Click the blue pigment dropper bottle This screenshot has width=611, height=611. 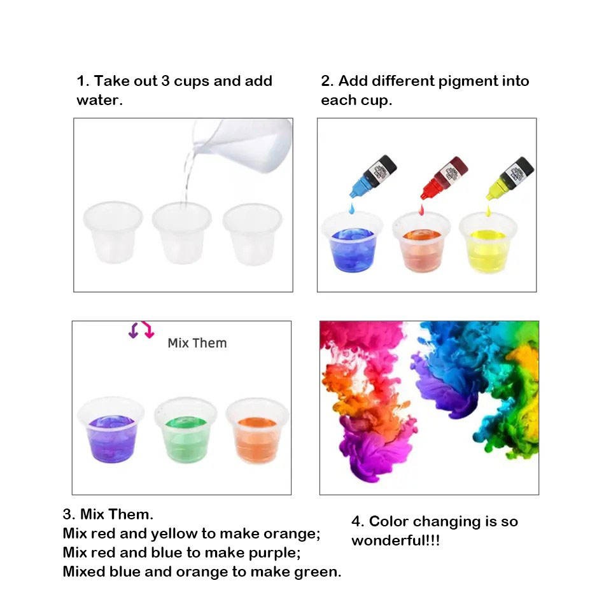coord(373,176)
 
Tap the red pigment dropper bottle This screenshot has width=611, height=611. coord(444,178)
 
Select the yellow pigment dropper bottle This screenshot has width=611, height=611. coord(510,178)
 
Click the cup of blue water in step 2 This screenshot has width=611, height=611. coord(352,242)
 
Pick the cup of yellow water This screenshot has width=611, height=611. coord(488,244)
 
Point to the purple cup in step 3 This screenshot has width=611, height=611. coord(111,431)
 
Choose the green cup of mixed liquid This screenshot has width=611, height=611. coord(185,431)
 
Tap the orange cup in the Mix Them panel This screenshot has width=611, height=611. coord(257,432)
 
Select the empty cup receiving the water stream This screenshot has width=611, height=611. coord(181,233)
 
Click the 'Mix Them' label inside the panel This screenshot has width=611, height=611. coord(197,343)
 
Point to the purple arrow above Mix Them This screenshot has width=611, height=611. coord(134,330)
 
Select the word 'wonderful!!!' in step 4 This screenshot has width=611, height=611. coord(395,540)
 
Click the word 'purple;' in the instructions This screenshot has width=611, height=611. coord(274,553)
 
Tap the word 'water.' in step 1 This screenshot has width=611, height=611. coord(99,100)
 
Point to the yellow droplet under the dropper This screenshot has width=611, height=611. coord(488,211)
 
